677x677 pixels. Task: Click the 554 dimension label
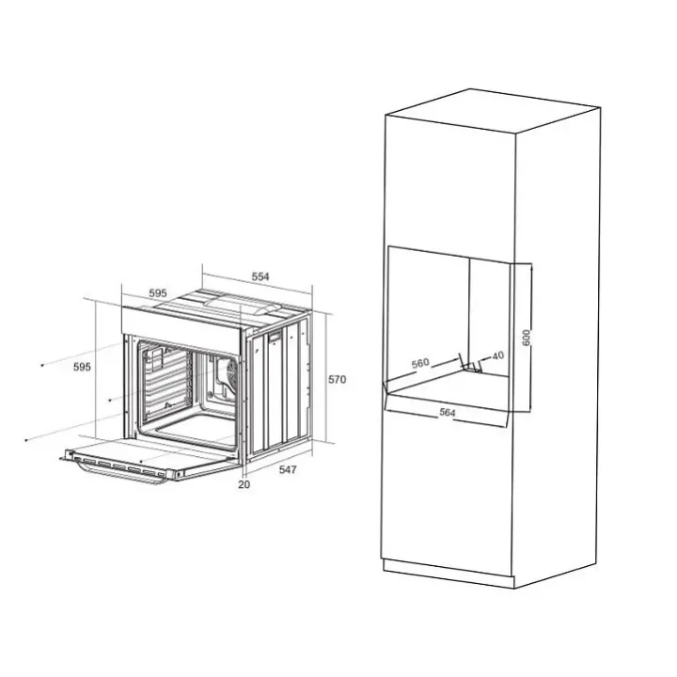pos(260,276)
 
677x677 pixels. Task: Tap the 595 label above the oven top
pos(158,293)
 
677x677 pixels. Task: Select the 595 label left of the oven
pos(82,367)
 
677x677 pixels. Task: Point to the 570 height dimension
pos(338,380)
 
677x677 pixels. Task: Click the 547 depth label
pos(288,469)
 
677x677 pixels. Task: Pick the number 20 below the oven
pos(244,484)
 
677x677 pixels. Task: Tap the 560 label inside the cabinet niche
pos(420,363)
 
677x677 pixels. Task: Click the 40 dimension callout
pos(497,355)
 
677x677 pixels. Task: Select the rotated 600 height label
pos(526,338)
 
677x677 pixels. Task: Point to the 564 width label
pos(448,413)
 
